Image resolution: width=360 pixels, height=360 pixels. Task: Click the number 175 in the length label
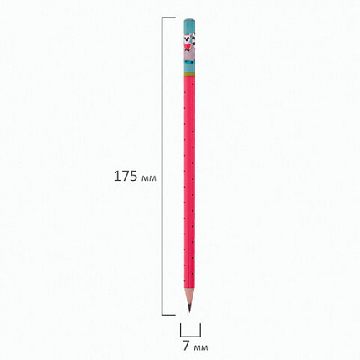pyautogui.click(x=126, y=177)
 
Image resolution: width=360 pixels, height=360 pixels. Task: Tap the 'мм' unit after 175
pyautogui.click(x=149, y=178)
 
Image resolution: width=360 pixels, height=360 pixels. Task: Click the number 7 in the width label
pyautogui.click(x=186, y=346)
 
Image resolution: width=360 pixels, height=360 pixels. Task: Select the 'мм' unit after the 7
pyautogui.click(x=200, y=347)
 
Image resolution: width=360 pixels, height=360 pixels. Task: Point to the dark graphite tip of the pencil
pyautogui.click(x=189, y=307)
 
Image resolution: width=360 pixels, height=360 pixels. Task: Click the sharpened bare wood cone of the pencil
pyautogui.click(x=189, y=296)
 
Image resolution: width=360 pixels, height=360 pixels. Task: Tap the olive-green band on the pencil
pyautogui.click(x=189, y=75)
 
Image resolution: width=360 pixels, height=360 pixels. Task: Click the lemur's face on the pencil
pyautogui.click(x=188, y=39)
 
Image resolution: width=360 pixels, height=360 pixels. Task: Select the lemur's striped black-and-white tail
pyautogui.click(x=193, y=38)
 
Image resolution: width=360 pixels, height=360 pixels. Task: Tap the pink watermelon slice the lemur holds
pyautogui.click(x=188, y=45)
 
